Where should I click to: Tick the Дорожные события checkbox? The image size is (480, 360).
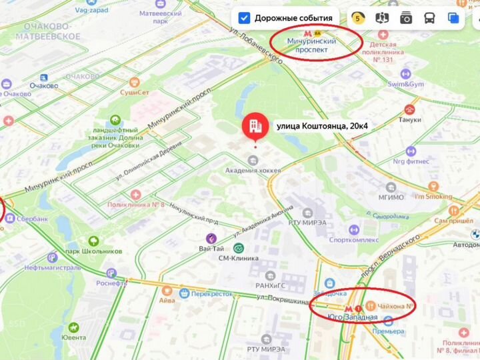[245, 18]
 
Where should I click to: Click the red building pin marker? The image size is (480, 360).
[255, 125]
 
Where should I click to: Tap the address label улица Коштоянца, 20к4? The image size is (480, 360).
[322, 125]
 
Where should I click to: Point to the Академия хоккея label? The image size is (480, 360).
[253, 170]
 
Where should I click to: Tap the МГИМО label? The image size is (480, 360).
[391, 197]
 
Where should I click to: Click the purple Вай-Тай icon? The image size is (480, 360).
[211, 238]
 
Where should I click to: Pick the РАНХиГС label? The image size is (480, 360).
[270, 286]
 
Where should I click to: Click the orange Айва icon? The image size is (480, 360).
[167, 291]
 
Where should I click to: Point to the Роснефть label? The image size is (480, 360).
[111, 283]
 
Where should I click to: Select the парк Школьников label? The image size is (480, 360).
[94, 251]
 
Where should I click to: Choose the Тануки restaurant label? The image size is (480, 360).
[409, 120]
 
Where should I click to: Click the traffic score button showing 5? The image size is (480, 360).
[358, 18]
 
